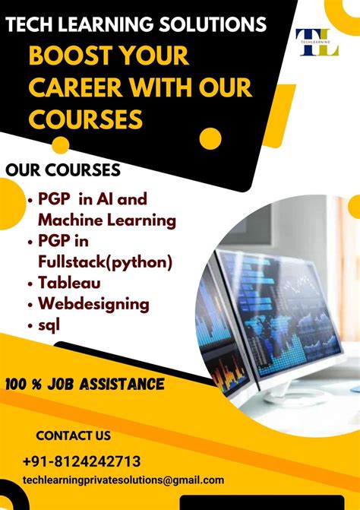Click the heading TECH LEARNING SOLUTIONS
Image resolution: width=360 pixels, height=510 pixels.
(x=137, y=24)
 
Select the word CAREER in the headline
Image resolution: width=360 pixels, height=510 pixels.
(x=80, y=88)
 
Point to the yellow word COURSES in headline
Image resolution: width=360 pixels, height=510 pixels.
(x=85, y=119)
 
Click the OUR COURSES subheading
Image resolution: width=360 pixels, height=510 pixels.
(x=63, y=168)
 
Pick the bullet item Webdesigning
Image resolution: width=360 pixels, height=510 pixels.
(x=93, y=304)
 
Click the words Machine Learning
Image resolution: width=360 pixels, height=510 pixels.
(x=107, y=220)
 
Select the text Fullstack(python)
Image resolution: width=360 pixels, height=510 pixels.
(x=105, y=262)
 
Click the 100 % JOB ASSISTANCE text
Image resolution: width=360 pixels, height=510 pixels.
(x=84, y=385)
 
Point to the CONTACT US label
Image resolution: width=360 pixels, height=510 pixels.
(x=73, y=436)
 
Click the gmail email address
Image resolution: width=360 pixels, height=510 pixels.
(x=124, y=480)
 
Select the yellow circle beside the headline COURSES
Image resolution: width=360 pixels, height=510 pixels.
(x=210, y=138)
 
